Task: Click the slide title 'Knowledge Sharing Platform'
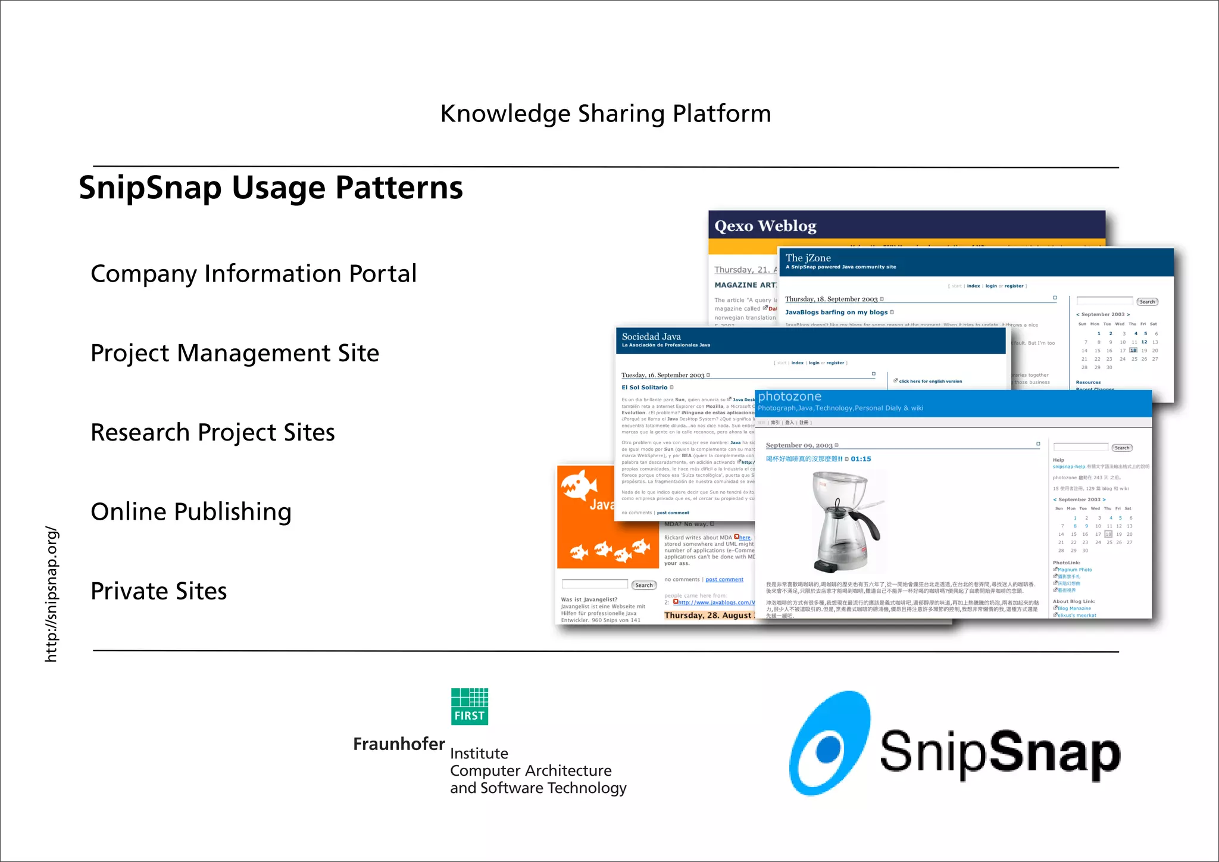(x=605, y=113)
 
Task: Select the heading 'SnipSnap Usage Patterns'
(x=271, y=188)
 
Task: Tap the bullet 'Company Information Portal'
(x=254, y=274)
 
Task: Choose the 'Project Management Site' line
(x=235, y=353)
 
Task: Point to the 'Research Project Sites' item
(x=212, y=432)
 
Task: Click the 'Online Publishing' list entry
(x=191, y=512)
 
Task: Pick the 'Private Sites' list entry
(x=159, y=591)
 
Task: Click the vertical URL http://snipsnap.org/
(x=51, y=594)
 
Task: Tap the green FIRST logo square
(x=470, y=707)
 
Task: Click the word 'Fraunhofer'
(x=399, y=744)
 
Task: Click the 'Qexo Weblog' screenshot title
(x=765, y=226)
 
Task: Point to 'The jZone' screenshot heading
(x=808, y=258)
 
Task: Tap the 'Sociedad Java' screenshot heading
(x=651, y=336)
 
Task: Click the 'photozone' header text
(x=789, y=396)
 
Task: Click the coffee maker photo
(x=845, y=521)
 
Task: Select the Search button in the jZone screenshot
(x=1147, y=302)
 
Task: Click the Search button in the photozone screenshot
(x=1122, y=448)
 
